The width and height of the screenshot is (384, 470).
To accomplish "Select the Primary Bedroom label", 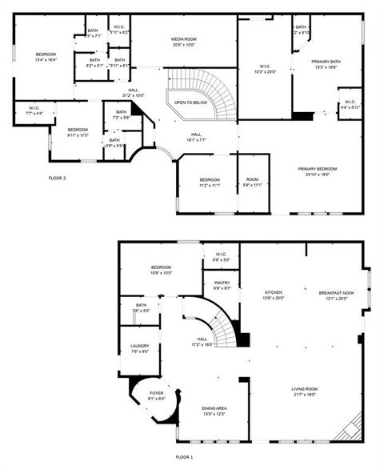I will tap(318, 171).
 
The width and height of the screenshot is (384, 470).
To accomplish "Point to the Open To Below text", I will tap(191, 102).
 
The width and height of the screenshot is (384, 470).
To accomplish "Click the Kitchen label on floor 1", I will tap(274, 295).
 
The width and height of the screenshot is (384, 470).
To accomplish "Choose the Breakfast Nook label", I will tap(334, 295).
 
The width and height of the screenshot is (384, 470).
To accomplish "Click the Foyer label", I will tap(156, 396).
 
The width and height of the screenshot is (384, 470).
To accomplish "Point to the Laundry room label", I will tap(139, 348).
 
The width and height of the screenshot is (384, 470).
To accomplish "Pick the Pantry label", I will tap(222, 285).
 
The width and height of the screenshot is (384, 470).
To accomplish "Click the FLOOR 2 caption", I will tap(57, 178).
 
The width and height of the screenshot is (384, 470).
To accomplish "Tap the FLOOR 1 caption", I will tap(185, 456).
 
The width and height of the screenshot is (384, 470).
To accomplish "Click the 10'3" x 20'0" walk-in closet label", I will tap(265, 69).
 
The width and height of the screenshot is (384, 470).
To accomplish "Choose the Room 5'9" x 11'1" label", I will tap(253, 182).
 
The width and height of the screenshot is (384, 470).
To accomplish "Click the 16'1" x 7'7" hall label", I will tap(196, 137).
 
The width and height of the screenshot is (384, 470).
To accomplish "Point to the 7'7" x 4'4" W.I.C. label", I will tap(34, 110).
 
